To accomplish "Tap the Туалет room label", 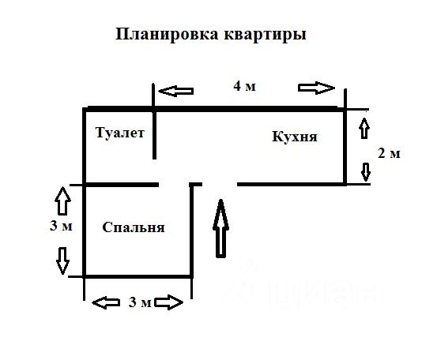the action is click(x=120, y=133).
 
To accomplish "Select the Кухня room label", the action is click(x=295, y=137).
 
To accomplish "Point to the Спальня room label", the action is click(x=134, y=227).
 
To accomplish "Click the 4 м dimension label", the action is click(x=244, y=86).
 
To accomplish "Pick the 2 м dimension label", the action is click(x=389, y=153).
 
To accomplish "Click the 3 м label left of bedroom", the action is click(x=61, y=226).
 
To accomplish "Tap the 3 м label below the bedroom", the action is click(x=140, y=302).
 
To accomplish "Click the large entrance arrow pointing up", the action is click(x=221, y=228).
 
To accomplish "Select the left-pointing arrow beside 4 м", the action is click(x=176, y=91).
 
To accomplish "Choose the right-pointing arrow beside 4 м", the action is click(x=316, y=88).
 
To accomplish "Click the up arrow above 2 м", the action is click(x=365, y=129).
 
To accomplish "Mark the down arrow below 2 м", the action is click(x=366, y=172).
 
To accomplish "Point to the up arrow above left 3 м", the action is click(x=62, y=201).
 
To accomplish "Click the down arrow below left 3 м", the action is click(x=62, y=261).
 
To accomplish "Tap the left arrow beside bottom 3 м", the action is click(x=106, y=302).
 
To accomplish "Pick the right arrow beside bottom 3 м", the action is click(x=168, y=302).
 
